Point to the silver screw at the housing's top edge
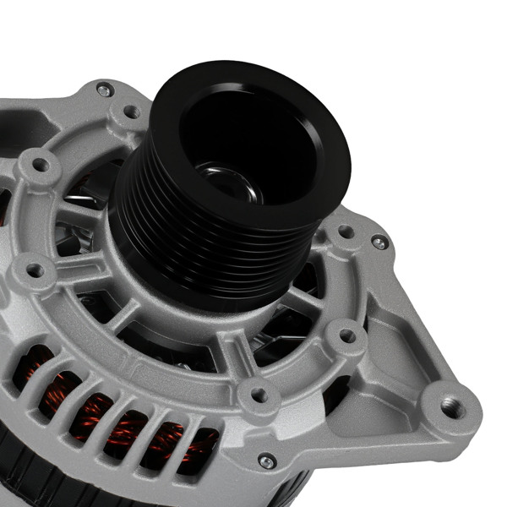[x=104, y=89]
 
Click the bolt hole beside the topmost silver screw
[x=132, y=111]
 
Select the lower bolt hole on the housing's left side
[x=35, y=271]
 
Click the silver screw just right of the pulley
[x=379, y=243]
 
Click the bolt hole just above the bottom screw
[x=259, y=394]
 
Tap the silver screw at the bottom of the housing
[x=266, y=460]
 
